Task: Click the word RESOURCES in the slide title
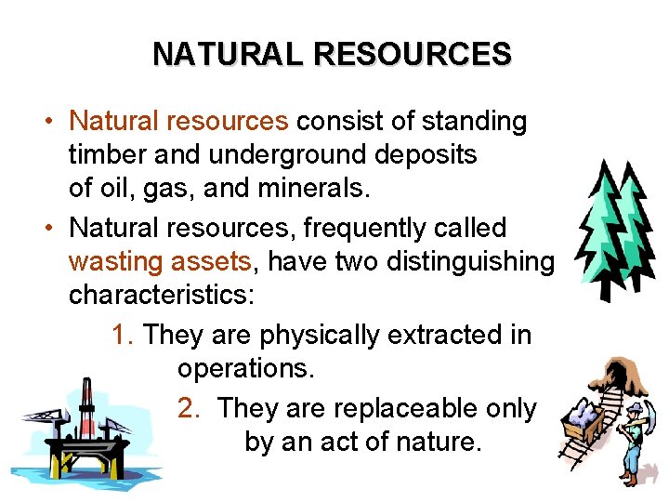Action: tap(412, 53)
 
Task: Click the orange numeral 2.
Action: tap(188, 408)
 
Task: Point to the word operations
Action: tap(245, 369)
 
